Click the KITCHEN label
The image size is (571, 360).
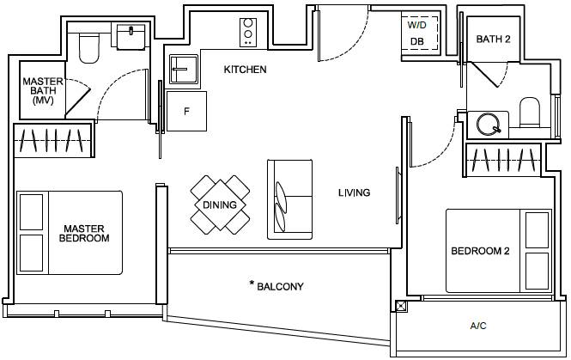pos(245,70)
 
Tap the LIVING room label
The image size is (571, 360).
pos(355,192)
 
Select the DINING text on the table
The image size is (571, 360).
pos(220,204)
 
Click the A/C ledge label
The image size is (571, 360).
pos(478,326)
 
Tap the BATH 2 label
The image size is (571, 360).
pos(494,39)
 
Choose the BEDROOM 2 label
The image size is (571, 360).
pos(480,251)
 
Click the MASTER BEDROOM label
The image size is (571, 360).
pos(84,233)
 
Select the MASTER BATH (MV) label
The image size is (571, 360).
pos(43,91)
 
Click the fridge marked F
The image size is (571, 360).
pos(186,111)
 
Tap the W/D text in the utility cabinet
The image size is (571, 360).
pos(417,25)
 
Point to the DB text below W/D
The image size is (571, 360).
pos(417,41)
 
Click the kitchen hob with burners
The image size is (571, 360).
pos(248,33)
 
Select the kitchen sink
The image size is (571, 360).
pos(184,70)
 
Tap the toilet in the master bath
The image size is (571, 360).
pos(89,48)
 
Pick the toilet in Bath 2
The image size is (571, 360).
pos(530,113)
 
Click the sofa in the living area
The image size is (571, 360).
pos(290,199)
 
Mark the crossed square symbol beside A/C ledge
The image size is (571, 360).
pos(401,306)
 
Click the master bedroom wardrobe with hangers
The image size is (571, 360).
pos(53,140)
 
